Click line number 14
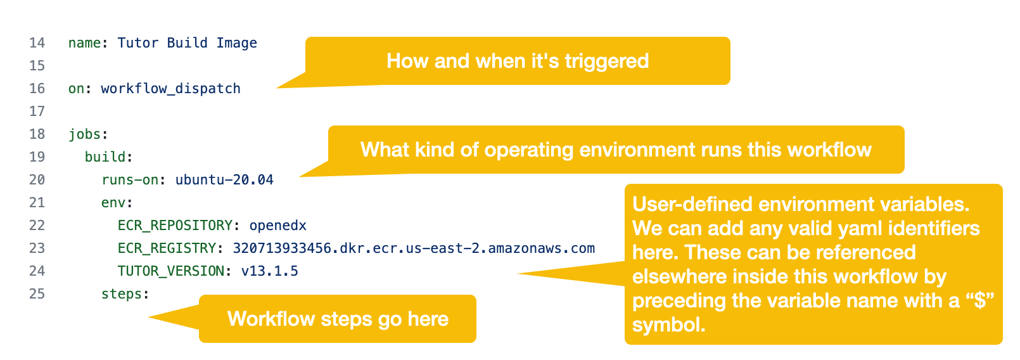(x=37, y=43)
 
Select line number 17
(x=37, y=111)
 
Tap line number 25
(x=37, y=294)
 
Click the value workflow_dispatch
(x=171, y=89)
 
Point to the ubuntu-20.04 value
(x=224, y=180)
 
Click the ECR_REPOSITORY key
(x=175, y=226)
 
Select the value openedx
(x=277, y=226)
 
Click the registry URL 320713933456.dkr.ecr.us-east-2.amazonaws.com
(x=414, y=248)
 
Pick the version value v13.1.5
(x=270, y=271)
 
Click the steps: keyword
(x=125, y=294)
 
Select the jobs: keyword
(x=88, y=134)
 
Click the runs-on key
(x=129, y=180)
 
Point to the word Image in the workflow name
(x=237, y=43)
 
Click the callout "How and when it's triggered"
(x=517, y=61)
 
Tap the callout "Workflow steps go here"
(x=338, y=319)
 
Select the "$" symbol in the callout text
(x=980, y=301)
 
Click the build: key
(x=108, y=157)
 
